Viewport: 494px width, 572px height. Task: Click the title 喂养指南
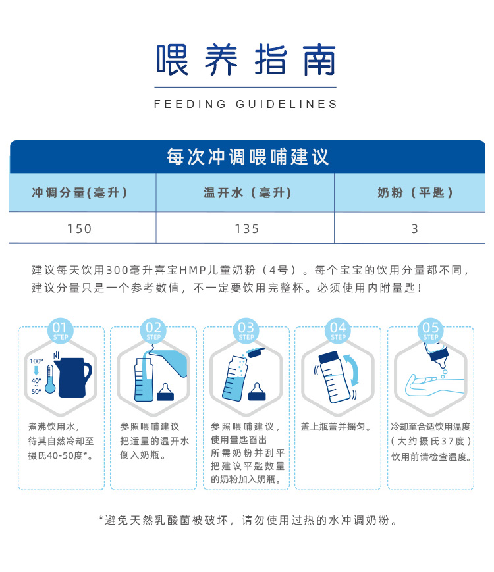click(x=246, y=60)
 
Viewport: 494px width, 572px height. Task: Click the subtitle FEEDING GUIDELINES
click(x=246, y=105)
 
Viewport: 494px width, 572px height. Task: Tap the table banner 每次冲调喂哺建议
click(x=248, y=157)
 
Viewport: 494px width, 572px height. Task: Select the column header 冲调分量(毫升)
click(x=80, y=192)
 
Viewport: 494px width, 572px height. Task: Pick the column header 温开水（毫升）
click(x=247, y=192)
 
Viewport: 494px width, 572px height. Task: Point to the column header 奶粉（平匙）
click(x=415, y=192)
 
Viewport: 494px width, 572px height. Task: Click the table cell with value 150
click(x=79, y=228)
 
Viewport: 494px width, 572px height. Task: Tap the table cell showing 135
click(x=247, y=228)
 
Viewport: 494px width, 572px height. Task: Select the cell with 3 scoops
click(x=415, y=228)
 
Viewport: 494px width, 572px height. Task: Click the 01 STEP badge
click(x=61, y=330)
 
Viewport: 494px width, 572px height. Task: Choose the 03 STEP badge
click(x=246, y=330)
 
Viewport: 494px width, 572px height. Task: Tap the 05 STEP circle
click(x=431, y=330)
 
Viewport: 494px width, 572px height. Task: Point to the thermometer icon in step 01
click(x=50, y=380)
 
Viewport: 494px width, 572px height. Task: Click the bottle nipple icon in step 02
click(x=165, y=392)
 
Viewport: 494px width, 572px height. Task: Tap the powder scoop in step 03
click(x=256, y=352)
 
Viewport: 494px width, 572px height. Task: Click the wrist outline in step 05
click(x=434, y=386)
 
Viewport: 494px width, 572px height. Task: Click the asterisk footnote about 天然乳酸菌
click(x=248, y=520)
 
